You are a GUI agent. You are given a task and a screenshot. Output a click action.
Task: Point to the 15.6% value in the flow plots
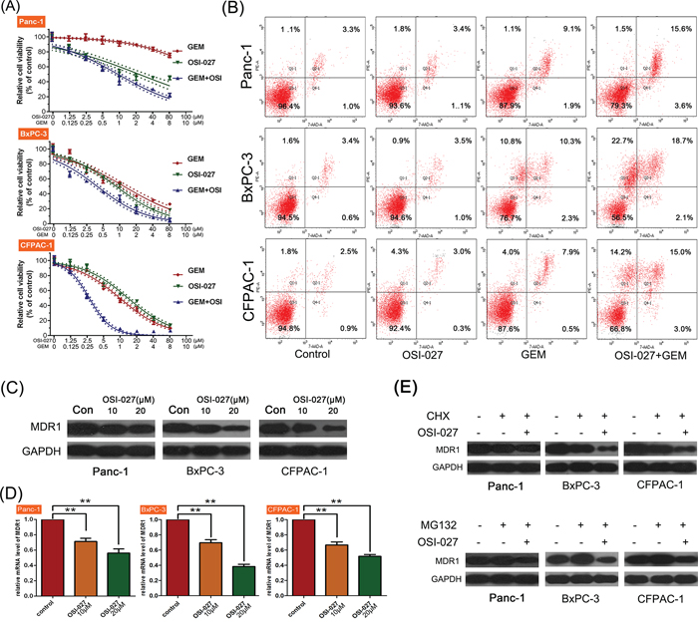point(653,34)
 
